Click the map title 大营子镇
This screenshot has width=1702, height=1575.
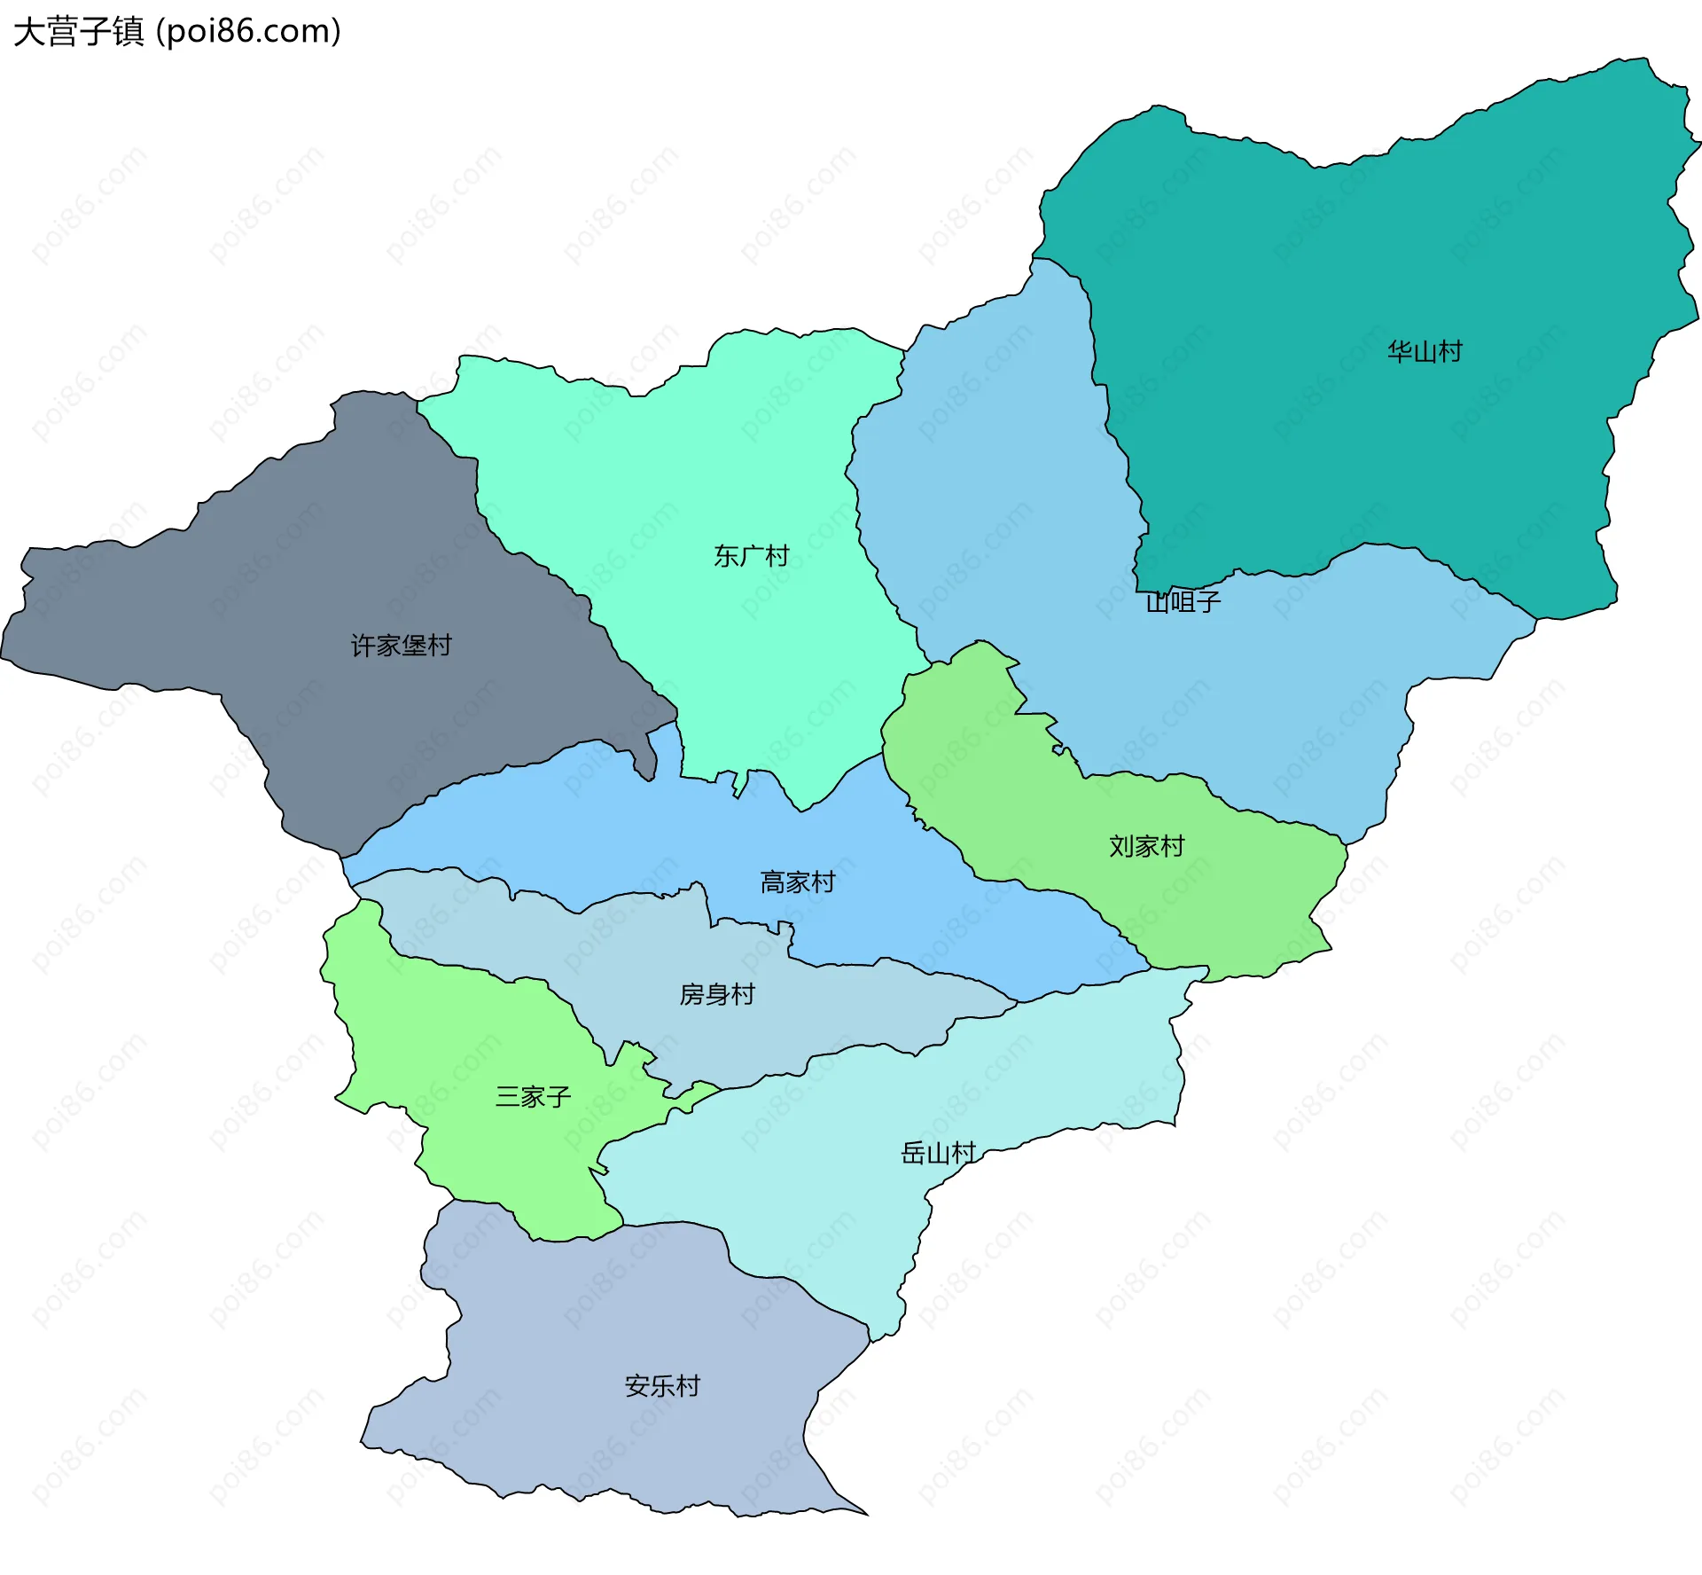coord(78,32)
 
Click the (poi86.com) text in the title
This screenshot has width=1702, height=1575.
coord(248,32)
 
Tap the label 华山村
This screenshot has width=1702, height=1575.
coord(1425,352)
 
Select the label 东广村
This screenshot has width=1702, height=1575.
coord(752,556)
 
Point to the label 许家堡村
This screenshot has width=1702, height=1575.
coord(402,646)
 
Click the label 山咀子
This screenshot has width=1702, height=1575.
coord(1183,602)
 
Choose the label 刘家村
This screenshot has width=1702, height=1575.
coord(1147,846)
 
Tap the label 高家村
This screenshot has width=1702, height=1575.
coord(798,882)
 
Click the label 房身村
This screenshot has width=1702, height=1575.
coord(717,995)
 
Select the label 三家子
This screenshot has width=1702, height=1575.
coord(533,1097)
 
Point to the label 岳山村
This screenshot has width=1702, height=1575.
coord(939,1153)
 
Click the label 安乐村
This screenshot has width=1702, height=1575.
coord(662,1386)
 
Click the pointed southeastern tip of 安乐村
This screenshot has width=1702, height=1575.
coord(865,1514)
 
